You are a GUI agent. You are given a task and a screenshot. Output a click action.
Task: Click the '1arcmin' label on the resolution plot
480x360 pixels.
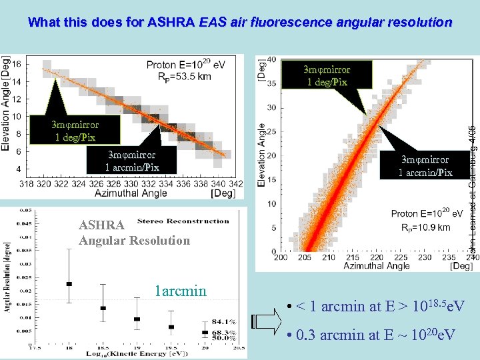click(181, 291)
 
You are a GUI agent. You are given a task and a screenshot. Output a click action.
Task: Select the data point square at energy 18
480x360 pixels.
click(69, 284)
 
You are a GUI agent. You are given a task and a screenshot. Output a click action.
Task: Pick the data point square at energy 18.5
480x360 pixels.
click(103, 308)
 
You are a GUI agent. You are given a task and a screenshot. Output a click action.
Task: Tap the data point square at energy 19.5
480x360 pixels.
click(171, 327)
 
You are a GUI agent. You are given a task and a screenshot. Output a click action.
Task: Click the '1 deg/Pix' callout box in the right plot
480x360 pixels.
click(327, 75)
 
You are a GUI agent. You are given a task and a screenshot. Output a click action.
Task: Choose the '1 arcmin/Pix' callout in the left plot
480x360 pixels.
click(132, 161)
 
